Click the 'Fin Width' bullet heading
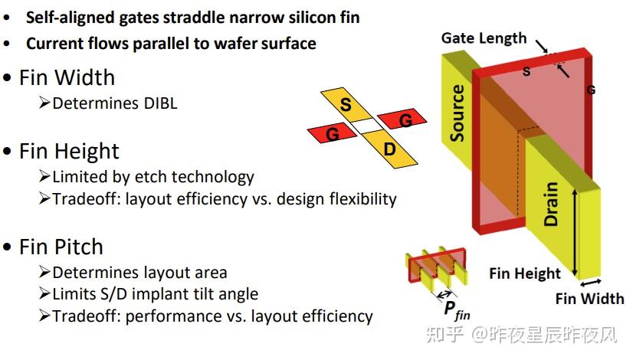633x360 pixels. click(67, 77)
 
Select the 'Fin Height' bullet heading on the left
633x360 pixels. click(69, 151)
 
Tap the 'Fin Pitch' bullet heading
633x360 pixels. click(61, 247)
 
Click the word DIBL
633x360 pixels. click(159, 103)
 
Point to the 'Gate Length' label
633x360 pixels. click(484, 38)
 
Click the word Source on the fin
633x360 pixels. click(458, 113)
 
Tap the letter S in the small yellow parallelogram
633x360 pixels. click(346, 105)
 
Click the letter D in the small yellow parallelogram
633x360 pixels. click(389, 149)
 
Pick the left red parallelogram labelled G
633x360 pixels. click(332, 134)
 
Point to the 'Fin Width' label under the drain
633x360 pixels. click(590, 298)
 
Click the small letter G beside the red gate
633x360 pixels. click(591, 90)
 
